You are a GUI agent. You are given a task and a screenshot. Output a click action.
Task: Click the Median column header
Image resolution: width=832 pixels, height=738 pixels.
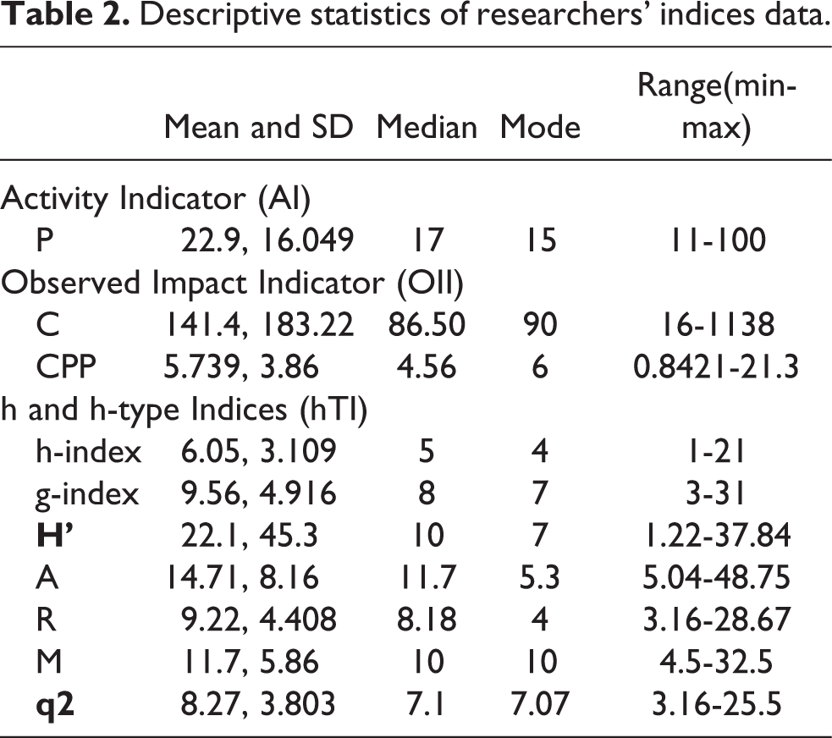pyautogui.click(x=427, y=127)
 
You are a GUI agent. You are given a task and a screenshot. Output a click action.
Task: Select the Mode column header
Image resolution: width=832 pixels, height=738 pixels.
pyautogui.click(x=540, y=127)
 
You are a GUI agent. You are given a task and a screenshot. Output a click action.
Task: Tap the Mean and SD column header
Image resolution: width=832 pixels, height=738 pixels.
pyautogui.click(x=258, y=127)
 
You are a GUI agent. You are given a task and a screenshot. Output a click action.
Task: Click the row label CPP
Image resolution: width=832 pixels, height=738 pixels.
pyautogui.click(x=66, y=366)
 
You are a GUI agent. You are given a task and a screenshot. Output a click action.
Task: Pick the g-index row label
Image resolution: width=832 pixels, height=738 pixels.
pyautogui.click(x=87, y=494)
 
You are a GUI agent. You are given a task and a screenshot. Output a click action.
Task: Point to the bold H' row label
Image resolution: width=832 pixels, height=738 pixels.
pyautogui.click(x=55, y=535)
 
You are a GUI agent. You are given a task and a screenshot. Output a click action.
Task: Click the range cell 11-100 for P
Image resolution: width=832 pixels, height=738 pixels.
pyautogui.click(x=717, y=240)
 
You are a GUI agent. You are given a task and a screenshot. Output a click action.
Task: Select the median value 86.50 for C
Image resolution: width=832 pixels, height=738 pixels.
pyautogui.click(x=427, y=325)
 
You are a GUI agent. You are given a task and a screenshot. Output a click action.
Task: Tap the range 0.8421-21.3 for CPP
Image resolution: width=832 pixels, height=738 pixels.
pyautogui.click(x=716, y=366)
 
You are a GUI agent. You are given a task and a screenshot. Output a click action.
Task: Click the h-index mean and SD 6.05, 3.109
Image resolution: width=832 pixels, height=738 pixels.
pyautogui.click(x=258, y=452)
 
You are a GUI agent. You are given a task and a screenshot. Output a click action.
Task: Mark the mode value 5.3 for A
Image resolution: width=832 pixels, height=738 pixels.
pyautogui.click(x=540, y=577)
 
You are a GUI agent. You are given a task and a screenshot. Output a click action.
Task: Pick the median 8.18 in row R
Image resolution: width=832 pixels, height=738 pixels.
pyautogui.click(x=427, y=620)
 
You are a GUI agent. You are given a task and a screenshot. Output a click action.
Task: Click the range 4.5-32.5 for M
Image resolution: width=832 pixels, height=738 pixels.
pyautogui.click(x=716, y=662)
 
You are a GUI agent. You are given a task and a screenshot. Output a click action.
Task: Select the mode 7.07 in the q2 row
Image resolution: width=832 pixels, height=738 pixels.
pyautogui.click(x=540, y=703)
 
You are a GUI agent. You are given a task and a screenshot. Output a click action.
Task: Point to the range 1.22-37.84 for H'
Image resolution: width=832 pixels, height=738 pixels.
pyautogui.click(x=716, y=535)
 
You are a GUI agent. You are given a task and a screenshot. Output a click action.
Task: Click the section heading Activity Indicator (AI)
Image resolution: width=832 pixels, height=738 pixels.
pyautogui.click(x=156, y=199)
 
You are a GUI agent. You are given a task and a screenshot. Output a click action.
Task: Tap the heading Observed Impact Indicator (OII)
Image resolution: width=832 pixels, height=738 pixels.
pyautogui.click(x=232, y=284)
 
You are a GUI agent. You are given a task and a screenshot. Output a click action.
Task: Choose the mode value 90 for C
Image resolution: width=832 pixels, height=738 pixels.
pyautogui.click(x=540, y=325)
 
